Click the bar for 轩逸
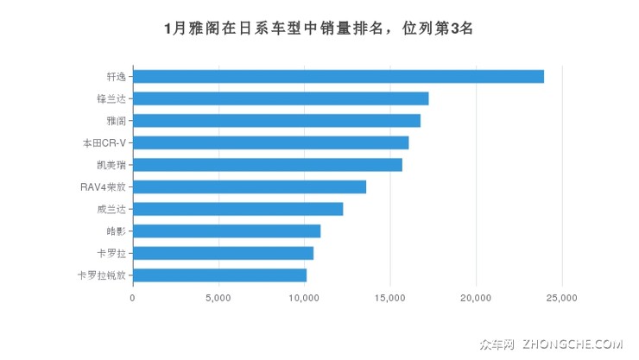click(338, 76)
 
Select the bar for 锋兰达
click(281, 98)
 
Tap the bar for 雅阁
click(277, 120)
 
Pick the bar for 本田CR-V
click(271, 142)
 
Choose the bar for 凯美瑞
click(268, 164)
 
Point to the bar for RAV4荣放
click(250, 186)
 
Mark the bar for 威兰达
click(238, 209)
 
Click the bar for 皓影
click(227, 231)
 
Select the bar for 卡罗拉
click(224, 253)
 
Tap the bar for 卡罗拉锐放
click(220, 275)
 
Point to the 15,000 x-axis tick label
click(390, 298)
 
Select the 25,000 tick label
click(562, 298)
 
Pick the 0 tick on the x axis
click(132, 298)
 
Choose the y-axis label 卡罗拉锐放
click(102, 275)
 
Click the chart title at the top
click(319, 28)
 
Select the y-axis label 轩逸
click(116, 76)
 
